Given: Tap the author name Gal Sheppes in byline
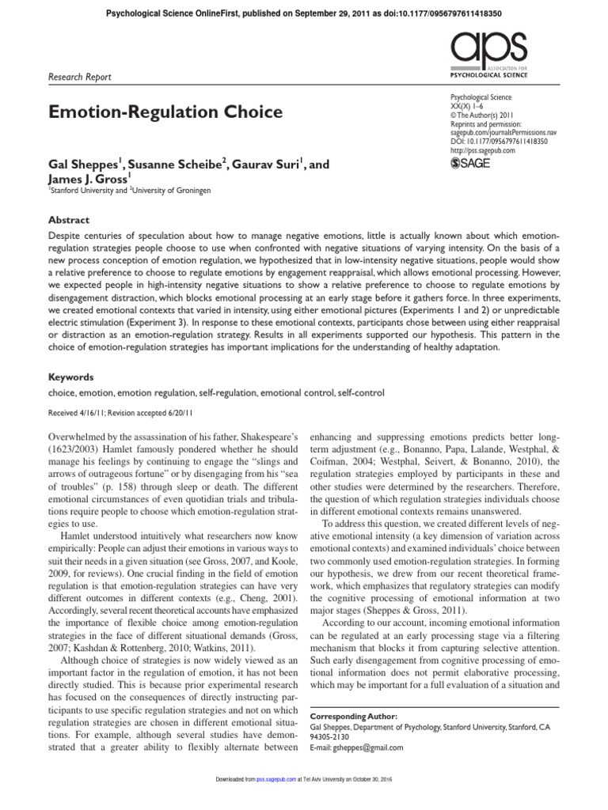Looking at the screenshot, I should coord(83,164).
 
